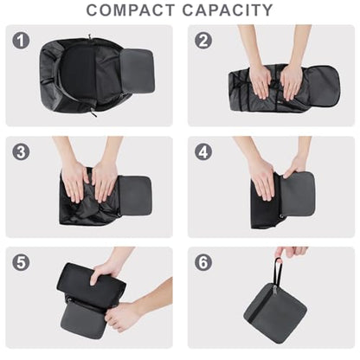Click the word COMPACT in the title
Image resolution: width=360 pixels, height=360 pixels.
(131, 10)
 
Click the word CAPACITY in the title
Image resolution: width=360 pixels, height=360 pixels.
(228, 10)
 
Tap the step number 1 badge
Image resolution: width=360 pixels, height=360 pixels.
(21, 41)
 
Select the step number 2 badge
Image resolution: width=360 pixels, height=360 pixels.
(203, 41)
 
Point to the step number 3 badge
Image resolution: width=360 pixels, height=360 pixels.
(21, 151)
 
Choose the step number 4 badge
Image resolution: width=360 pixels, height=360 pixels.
(203, 151)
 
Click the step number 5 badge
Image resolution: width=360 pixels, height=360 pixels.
(21, 262)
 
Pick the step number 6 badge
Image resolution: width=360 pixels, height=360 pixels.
(203, 262)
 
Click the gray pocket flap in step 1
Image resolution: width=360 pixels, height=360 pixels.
(138, 71)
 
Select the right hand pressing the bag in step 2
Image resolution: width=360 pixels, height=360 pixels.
(292, 82)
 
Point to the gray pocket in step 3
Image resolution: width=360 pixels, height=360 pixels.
(135, 196)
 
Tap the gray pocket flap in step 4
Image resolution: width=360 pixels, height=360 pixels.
(297, 194)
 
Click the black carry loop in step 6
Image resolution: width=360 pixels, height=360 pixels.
(277, 272)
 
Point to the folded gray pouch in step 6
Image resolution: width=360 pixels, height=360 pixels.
(275, 313)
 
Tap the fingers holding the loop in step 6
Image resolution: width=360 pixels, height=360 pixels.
(291, 252)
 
